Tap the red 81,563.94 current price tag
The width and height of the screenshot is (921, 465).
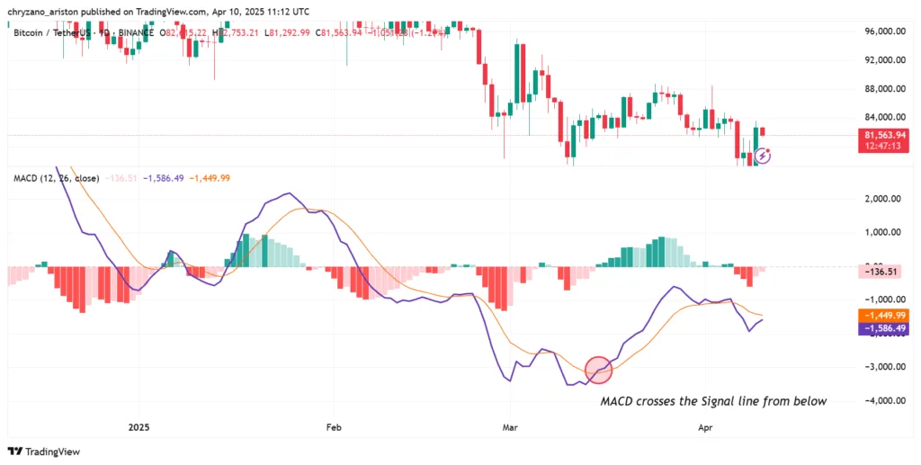[x=882, y=134]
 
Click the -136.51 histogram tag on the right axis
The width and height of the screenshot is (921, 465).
[x=881, y=271]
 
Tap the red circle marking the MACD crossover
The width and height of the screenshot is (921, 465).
[x=598, y=369]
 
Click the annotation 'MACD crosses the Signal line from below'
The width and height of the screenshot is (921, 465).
[x=713, y=401]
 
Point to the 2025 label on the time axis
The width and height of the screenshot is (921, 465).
[x=139, y=428]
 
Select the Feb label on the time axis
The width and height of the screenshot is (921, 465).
[x=334, y=428]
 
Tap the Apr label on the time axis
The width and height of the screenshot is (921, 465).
[x=705, y=428]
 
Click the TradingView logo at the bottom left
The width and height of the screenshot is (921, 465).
[x=43, y=452]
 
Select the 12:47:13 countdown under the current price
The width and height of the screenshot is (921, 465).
[x=882, y=146]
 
